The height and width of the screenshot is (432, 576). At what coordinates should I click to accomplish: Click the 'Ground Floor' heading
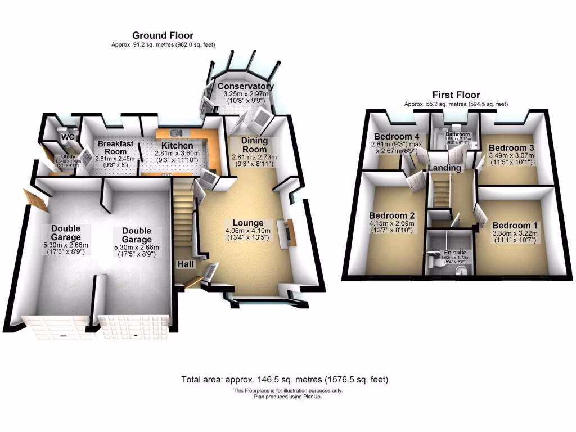pos(163,35)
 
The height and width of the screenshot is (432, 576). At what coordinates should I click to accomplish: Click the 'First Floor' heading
pos(456,95)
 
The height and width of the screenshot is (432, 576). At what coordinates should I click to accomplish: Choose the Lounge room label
pos(248,223)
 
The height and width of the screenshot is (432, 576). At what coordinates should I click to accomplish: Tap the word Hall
pos(184,264)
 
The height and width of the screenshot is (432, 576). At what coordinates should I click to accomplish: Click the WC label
pos(68,137)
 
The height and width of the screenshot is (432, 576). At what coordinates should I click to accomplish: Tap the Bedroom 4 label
pos(397,136)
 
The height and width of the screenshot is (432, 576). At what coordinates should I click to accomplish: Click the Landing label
pos(444,168)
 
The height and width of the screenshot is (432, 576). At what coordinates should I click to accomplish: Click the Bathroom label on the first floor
pos(457,135)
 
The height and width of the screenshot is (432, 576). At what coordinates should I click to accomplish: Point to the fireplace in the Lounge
pos(290,231)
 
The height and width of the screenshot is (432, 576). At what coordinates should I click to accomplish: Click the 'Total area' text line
pos(285,380)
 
